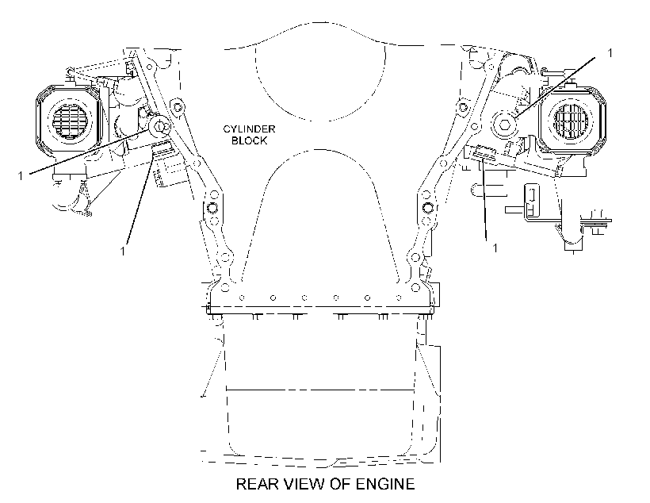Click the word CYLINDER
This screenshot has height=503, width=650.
pyautogui.click(x=249, y=129)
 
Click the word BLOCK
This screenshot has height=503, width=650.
pyautogui.click(x=249, y=140)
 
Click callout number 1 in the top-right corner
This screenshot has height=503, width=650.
pyautogui.click(x=610, y=52)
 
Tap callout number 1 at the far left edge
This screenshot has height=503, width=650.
pyautogui.click(x=20, y=176)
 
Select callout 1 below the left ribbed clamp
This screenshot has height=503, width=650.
pyautogui.click(x=122, y=251)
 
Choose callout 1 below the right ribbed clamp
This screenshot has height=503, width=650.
pyautogui.click(x=495, y=248)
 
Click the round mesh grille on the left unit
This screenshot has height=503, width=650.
pyautogui.click(x=68, y=120)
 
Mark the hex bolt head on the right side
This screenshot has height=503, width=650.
pyautogui.click(x=505, y=124)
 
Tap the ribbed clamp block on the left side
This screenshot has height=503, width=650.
pyautogui.click(x=163, y=148)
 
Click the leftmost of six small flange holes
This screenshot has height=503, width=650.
pyautogui.click(x=242, y=298)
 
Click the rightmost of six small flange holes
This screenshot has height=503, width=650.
pyautogui.click(x=399, y=298)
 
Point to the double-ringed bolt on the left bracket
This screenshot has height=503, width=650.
pyautogui.click(x=212, y=207)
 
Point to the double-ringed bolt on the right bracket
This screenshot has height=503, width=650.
pyautogui.click(x=427, y=207)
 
